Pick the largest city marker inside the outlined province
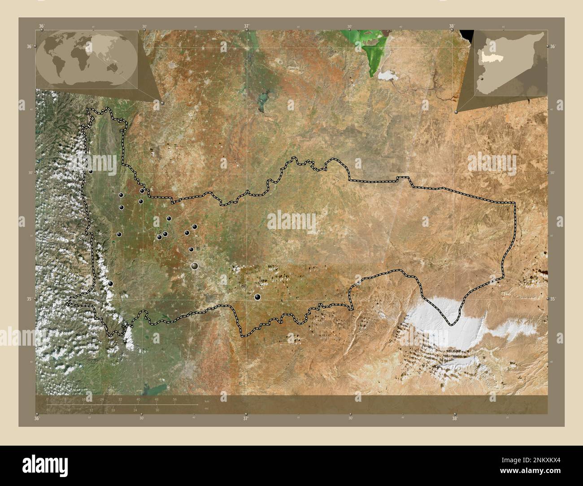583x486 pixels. [x=195, y=266]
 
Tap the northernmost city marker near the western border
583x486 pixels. [x=91, y=171]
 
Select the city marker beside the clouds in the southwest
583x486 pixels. [x=110, y=283]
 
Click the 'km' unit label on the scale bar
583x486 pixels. [x=207, y=400]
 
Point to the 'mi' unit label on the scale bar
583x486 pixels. [x=207, y=408]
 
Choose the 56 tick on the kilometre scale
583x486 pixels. [x=175, y=399]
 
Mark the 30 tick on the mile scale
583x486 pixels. [x=157, y=410]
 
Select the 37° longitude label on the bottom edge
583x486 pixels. [x=245, y=419]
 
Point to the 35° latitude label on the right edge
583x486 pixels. [x=553, y=299]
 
